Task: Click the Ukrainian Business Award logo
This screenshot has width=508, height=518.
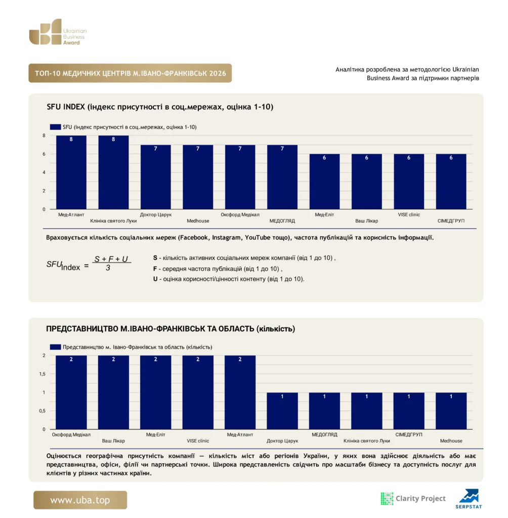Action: pyautogui.click(x=58, y=32)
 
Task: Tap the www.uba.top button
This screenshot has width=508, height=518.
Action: pyautogui.click(x=80, y=500)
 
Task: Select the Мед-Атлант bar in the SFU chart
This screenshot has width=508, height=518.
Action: pyautogui.click(x=71, y=172)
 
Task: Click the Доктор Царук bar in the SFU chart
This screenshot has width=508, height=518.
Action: pyautogui.click(x=156, y=177)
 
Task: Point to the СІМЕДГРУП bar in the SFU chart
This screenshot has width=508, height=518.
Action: pyautogui.click(x=451, y=182)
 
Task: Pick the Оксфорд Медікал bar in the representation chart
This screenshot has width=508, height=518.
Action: pyautogui.click(x=71, y=393)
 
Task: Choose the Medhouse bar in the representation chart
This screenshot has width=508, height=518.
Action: pyautogui.click(x=451, y=411)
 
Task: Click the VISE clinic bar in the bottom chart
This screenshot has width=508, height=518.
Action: pyautogui.click(x=198, y=393)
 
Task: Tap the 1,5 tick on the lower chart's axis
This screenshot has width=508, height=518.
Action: pyautogui.click(x=43, y=374)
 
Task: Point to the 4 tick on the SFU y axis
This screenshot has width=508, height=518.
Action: pyautogui.click(x=44, y=172)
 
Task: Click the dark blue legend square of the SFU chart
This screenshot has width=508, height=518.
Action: pyautogui.click(x=55, y=127)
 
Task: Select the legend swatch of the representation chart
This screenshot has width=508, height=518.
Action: pyautogui.click(x=55, y=347)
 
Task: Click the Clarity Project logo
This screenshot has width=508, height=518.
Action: pyautogui.click(x=413, y=498)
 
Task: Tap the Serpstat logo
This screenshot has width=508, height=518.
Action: pyautogui.click(x=469, y=499)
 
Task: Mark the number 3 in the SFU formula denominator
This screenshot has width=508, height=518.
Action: pyautogui.click(x=108, y=268)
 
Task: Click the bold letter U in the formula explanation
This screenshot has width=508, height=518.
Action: pyautogui.click(x=155, y=279)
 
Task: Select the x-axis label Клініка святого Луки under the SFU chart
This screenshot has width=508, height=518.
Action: pyautogui.click(x=113, y=221)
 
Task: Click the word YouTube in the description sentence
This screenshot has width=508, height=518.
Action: pyautogui.click(x=257, y=238)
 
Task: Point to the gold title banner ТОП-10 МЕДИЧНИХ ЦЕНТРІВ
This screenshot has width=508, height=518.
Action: pyautogui.click(x=130, y=73)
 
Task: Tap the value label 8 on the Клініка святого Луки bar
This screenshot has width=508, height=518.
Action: pyautogui.click(x=113, y=140)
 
